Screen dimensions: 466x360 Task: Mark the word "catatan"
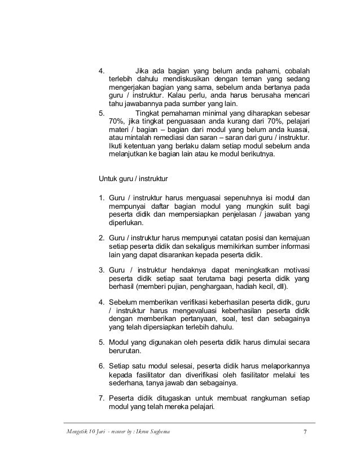click(x=220, y=237)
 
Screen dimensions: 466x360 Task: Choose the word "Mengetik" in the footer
click(x=63, y=432)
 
